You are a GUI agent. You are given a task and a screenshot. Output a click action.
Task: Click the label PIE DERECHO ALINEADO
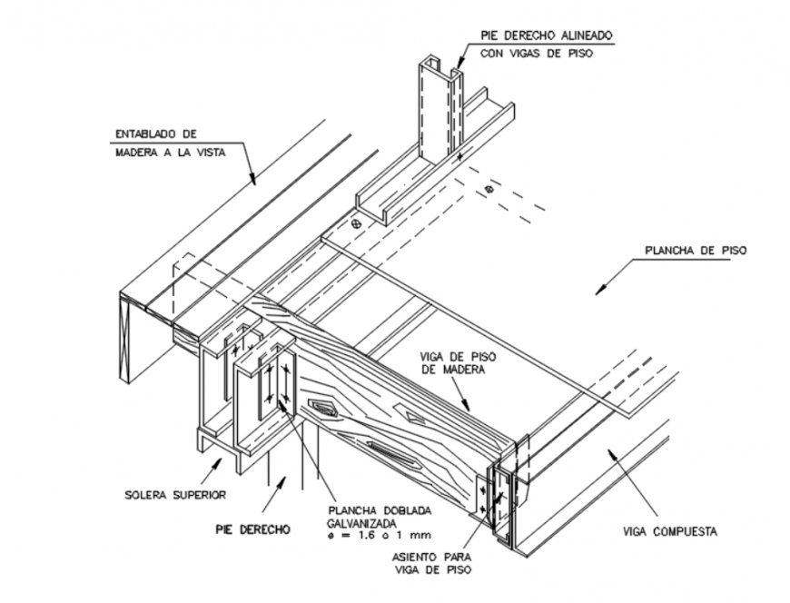click(x=547, y=35)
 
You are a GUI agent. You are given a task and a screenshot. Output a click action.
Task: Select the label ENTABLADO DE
click(x=155, y=135)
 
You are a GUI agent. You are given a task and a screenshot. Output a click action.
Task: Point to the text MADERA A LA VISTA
click(x=170, y=153)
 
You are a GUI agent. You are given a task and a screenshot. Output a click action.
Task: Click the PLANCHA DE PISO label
click(x=695, y=252)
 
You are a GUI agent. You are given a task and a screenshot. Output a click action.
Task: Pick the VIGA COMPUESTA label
click(x=671, y=531)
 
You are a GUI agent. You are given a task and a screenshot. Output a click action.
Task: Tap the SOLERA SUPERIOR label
click(x=173, y=495)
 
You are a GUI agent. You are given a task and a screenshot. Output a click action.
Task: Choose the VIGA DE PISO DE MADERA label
click(x=455, y=362)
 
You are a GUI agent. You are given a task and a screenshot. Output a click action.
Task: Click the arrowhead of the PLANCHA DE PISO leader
click(x=598, y=290)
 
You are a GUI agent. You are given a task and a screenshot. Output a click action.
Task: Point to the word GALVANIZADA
click(x=360, y=524)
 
